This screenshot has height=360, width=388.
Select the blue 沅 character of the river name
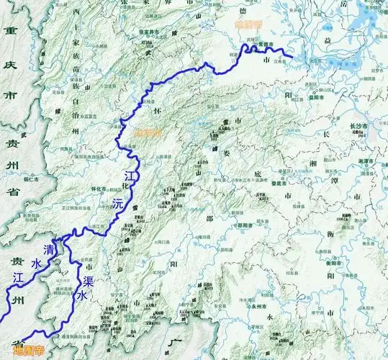pyautogui.click(x=117, y=204)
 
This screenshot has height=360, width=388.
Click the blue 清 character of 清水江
pyautogui.click(x=49, y=249)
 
